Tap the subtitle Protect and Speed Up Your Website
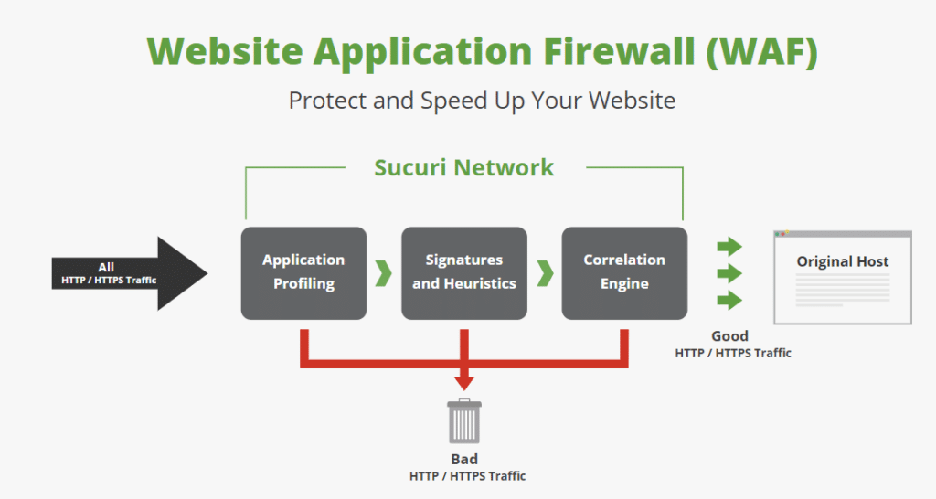pos(482,101)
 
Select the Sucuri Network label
pos(464,168)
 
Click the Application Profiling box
pos(303,272)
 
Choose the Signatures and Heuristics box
pos(464,272)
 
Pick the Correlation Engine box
pos(624,272)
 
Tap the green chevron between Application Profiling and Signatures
pos(384,272)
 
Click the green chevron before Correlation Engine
pos(545,272)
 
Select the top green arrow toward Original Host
pos(729,246)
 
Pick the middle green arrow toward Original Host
pos(729,273)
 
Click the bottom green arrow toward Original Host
pos(729,300)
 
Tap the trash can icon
pos(464,421)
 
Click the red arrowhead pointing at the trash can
pos(464,381)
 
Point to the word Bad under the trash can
pos(464,460)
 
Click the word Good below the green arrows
pos(730,336)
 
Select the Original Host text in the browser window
pos(843,262)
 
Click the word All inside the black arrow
pos(106,267)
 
